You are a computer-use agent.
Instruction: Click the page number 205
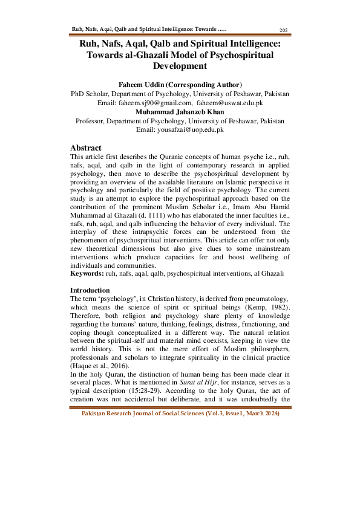(283, 30)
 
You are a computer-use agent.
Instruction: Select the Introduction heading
(90, 290)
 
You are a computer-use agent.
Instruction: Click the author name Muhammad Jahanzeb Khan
(180, 112)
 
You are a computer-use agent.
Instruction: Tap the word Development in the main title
(180, 66)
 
